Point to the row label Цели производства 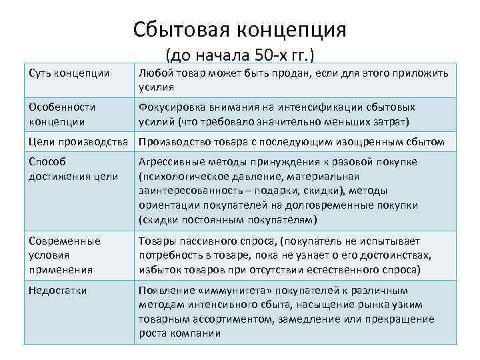(79, 141)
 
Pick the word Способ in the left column (49, 162)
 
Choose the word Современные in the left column (65, 241)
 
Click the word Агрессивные (171, 162)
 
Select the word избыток (163, 269)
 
